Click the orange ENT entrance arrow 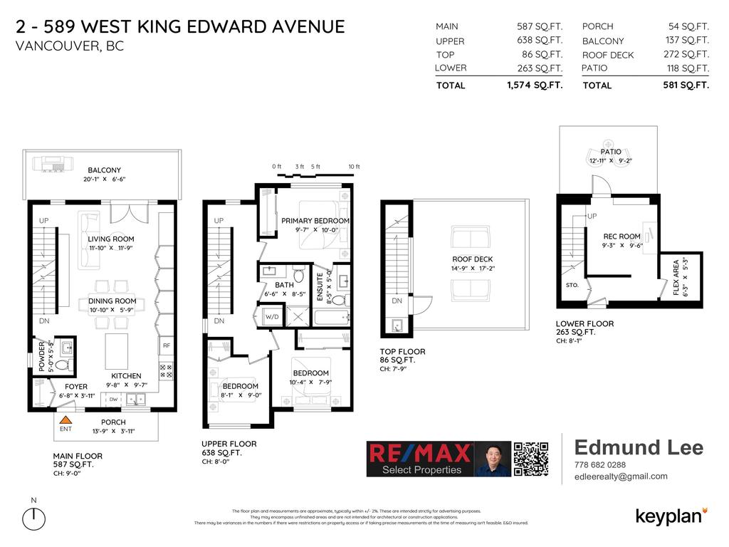[x=65, y=421]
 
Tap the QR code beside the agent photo [x=531, y=459]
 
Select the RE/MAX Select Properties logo [x=419, y=459]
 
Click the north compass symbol [x=33, y=519]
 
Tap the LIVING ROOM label [x=111, y=239]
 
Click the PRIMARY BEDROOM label [x=315, y=221]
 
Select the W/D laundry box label [x=272, y=316]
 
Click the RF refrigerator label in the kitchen [x=166, y=345]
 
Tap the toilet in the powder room [x=62, y=365]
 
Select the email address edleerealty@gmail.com [x=621, y=476]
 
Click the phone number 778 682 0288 [x=600, y=465]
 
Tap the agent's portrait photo [x=492, y=459]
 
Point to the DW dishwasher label [x=113, y=400]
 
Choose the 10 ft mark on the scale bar [x=354, y=167]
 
